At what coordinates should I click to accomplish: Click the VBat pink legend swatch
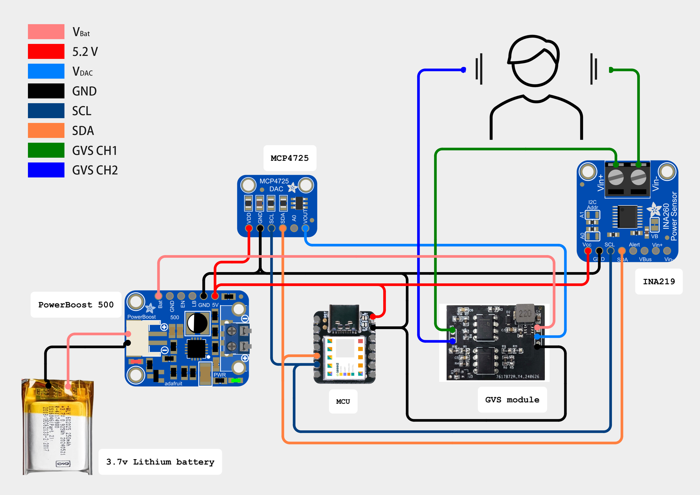click(46, 32)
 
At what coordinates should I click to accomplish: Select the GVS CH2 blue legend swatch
click(46, 170)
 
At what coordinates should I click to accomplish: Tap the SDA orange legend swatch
click(46, 131)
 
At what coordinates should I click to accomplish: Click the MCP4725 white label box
click(290, 158)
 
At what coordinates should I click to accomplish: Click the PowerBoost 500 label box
click(76, 305)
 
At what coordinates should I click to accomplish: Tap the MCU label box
click(343, 401)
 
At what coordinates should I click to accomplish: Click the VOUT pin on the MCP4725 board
click(305, 228)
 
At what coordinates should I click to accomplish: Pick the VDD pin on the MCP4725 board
click(249, 228)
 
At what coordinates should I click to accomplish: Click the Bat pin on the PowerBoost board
click(158, 296)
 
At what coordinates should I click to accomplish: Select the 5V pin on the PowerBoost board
click(215, 296)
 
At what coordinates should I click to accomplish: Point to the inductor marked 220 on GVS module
click(525, 313)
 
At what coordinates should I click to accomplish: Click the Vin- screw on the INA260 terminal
click(638, 177)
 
